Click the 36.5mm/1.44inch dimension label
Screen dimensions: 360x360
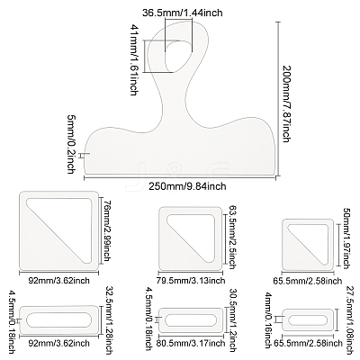(182, 13)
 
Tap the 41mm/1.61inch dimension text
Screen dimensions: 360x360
(134, 59)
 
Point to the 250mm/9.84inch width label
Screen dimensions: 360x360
(187, 186)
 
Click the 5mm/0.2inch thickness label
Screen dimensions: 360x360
(70, 144)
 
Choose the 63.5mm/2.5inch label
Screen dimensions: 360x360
(232, 238)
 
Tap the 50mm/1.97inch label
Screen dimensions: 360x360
(346, 238)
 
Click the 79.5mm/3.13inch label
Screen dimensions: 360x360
(191, 281)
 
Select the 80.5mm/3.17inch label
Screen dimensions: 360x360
(191, 343)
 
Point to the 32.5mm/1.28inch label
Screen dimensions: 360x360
(109, 319)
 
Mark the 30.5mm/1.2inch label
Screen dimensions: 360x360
(232, 319)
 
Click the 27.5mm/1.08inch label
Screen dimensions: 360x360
(346, 319)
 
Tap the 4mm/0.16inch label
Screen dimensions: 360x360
(270, 320)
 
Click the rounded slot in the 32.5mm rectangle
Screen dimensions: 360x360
(59, 319)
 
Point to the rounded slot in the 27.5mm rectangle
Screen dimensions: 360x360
(308, 320)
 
